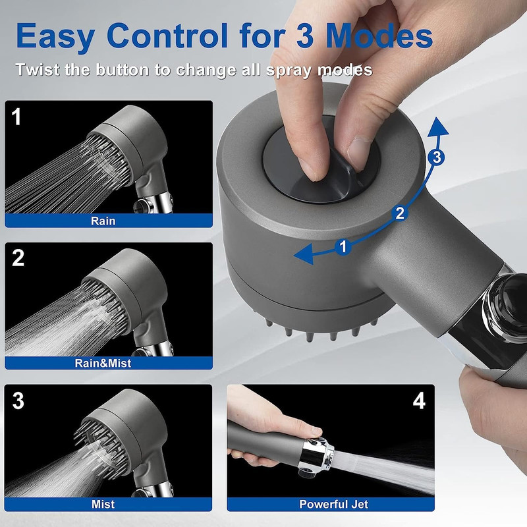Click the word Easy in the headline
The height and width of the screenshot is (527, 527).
click(55, 36)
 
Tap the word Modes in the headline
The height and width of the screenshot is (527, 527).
click(379, 36)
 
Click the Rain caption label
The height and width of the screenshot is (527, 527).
click(103, 221)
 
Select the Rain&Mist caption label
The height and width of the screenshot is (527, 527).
click(103, 363)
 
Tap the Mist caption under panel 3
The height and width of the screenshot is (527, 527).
click(103, 504)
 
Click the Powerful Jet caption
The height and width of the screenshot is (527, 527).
click(334, 504)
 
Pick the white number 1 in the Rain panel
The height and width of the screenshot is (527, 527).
click(16, 117)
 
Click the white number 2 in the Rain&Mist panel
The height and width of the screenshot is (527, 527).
click(18, 258)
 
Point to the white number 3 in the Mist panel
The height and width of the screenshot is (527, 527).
click(18, 401)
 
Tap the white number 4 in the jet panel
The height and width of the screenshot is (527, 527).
click(419, 401)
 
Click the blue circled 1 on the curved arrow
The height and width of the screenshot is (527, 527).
click(343, 247)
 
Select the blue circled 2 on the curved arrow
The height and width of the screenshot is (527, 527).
click(400, 213)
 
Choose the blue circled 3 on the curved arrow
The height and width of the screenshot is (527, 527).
click(437, 157)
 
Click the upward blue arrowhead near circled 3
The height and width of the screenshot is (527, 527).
click(437, 126)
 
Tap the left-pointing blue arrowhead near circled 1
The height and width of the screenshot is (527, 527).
click(304, 254)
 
